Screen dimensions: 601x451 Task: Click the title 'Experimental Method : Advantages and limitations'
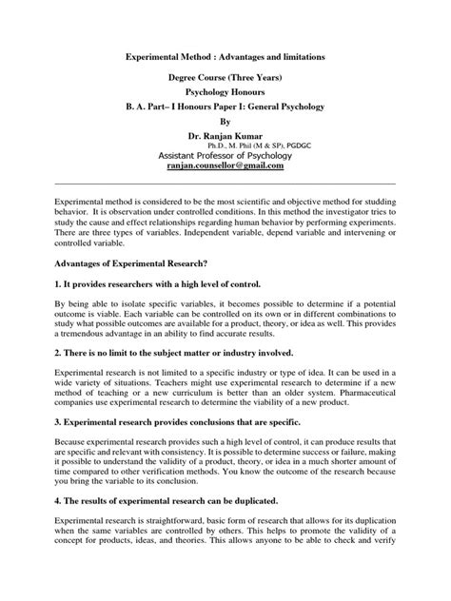[225, 58]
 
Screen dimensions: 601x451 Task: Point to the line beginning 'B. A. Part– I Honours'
[225, 111]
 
